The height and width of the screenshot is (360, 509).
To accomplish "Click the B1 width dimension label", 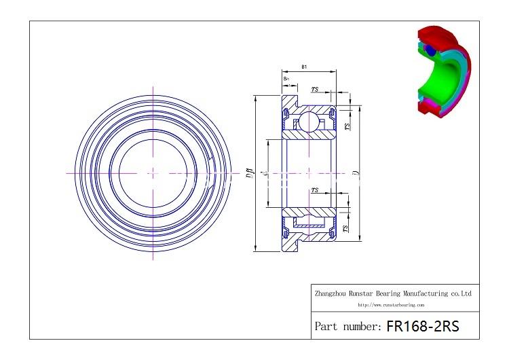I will (304, 67).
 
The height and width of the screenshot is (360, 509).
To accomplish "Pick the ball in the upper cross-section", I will (309, 122).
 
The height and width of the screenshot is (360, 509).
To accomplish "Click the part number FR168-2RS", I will (422, 326).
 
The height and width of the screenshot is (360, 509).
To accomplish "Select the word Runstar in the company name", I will (362, 293).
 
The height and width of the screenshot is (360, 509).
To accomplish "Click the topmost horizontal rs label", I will (315, 89).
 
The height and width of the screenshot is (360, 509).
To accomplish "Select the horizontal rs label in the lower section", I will (315, 191).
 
